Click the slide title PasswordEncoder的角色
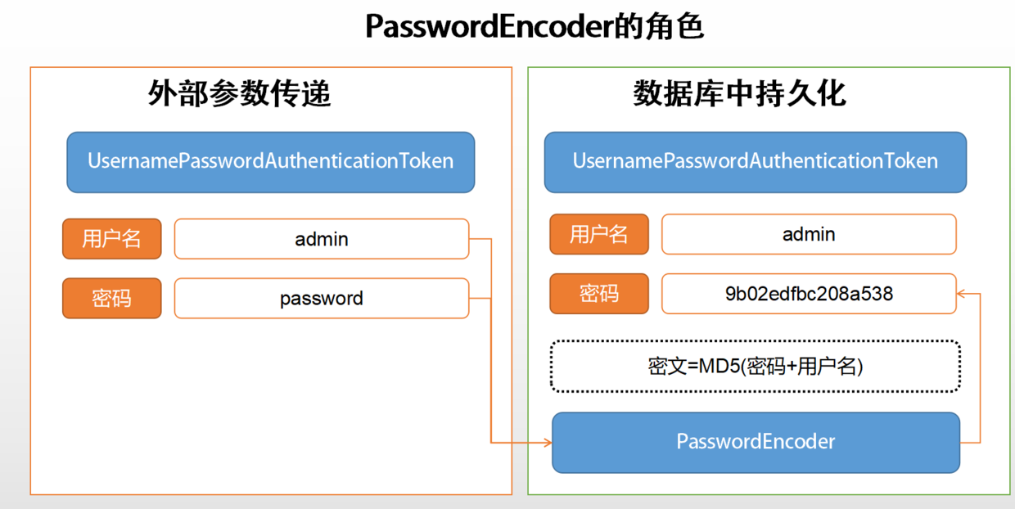(535, 27)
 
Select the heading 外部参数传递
(240, 94)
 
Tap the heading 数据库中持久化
(739, 94)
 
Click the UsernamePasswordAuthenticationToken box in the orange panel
(271, 162)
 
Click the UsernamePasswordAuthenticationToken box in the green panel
(755, 162)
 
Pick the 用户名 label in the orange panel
(112, 239)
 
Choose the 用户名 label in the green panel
(599, 235)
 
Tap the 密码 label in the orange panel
(112, 299)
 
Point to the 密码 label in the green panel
(599, 294)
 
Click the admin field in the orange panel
(322, 239)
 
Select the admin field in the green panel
(809, 235)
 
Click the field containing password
(322, 299)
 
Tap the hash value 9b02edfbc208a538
(809, 294)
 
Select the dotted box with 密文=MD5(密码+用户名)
(755, 366)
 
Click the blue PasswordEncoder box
(756, 443)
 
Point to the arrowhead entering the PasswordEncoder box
(547, 444)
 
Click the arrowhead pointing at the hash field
(963, 293)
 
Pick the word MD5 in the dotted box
(718, 367)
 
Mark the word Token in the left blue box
(426, 161)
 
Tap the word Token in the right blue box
(910, 161)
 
